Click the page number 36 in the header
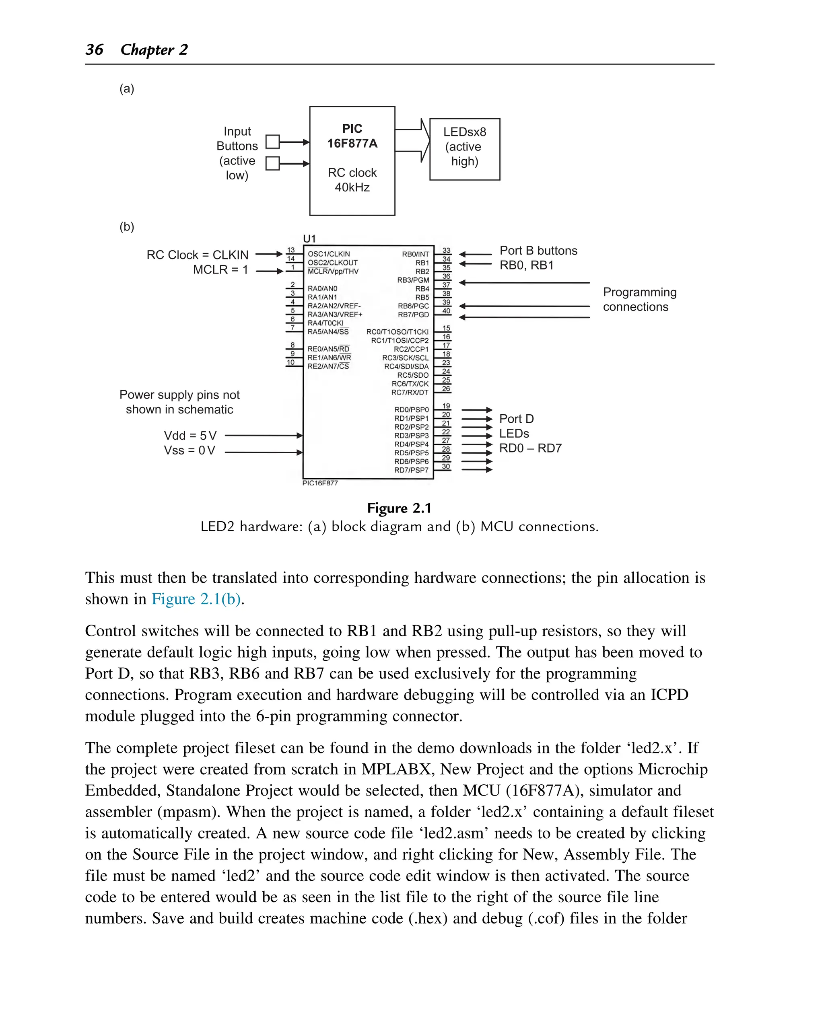point(95,49)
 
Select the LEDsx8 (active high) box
point(464,149)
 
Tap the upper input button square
point(272,142)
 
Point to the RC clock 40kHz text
point(352,180)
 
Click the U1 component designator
point(309,238)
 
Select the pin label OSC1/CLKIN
point(328,254)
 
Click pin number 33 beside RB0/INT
point(446,250)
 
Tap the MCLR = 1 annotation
point(220,269)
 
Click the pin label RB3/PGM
point(413,280)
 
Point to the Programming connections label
point(639,299)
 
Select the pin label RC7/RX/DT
point(409,393)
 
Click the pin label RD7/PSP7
point(411,470)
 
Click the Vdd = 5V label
point(190,435)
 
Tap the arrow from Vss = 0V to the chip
point(264,452)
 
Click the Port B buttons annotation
point(538,251)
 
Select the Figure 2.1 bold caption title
point(399,508)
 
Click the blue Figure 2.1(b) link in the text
point(196,599)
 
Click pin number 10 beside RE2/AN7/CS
point(290,362)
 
